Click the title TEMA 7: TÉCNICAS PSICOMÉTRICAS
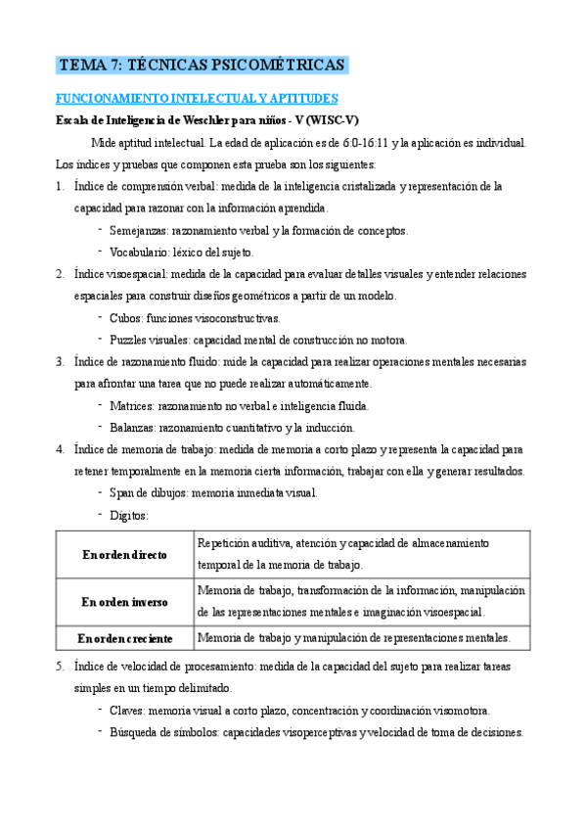click(x=202, y=66)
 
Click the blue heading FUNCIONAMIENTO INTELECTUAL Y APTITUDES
click(x=196, y=99)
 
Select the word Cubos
click(x=125, y=318)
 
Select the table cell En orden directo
click(x=125, y=555)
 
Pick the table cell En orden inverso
click(x=125, y=602)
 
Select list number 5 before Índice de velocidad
click(x=60, y=667)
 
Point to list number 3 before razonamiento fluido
click(x=60, y=361)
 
